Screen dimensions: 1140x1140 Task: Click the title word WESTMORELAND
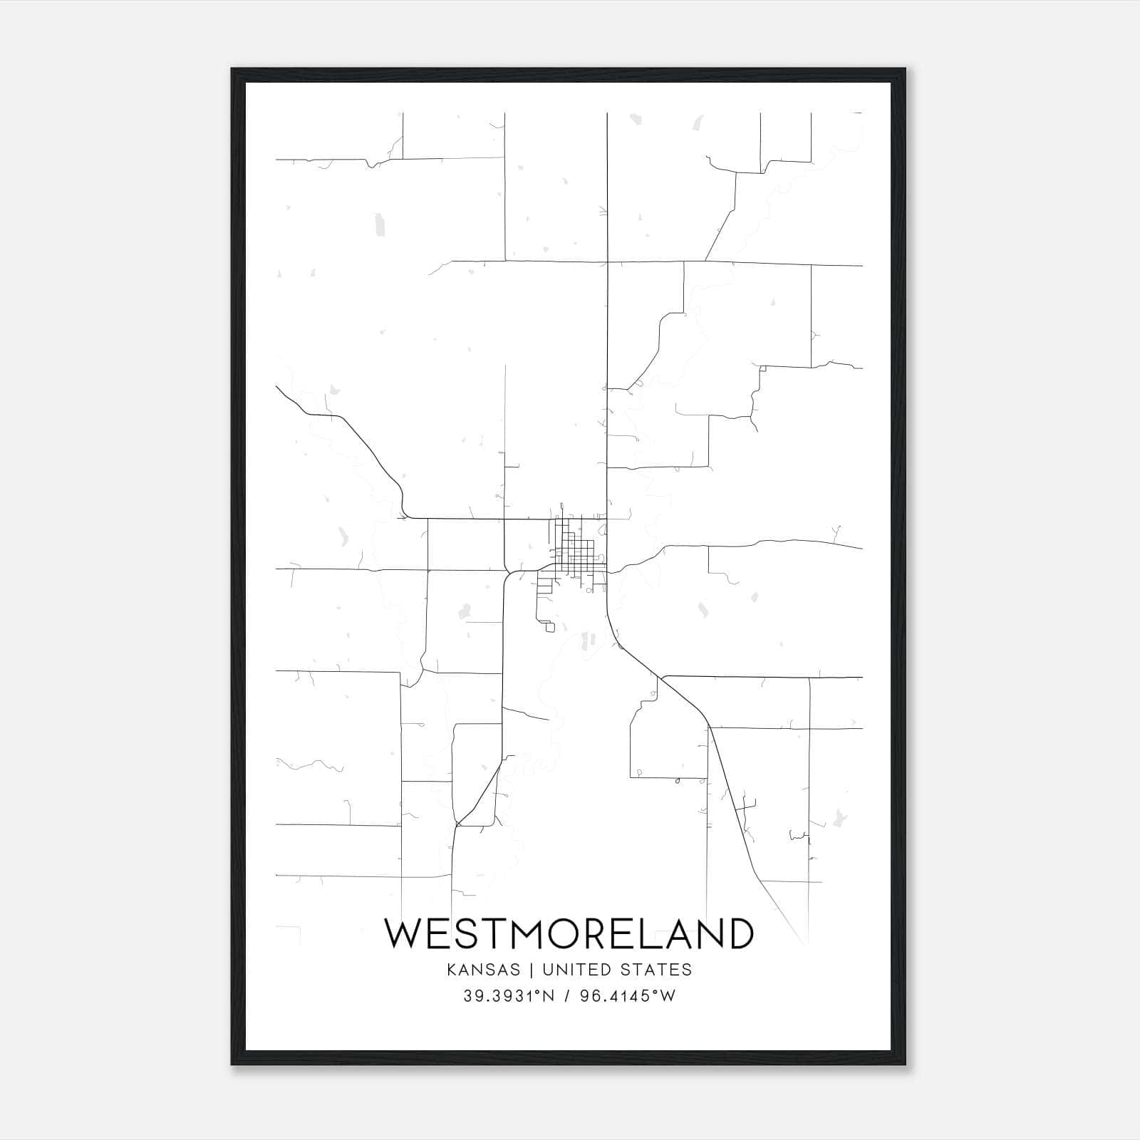(x=569, y=933)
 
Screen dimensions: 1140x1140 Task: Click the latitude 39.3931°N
(x=509, y=996)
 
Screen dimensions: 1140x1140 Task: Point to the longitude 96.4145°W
(x=628, y=996)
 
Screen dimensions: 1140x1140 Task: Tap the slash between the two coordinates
(x=567, y=996)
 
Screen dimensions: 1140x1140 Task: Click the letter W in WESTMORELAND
(x=406, y=933)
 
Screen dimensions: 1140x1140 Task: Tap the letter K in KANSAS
(x=452, y=969)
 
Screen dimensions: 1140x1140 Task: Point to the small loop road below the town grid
(x=549, y=626)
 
